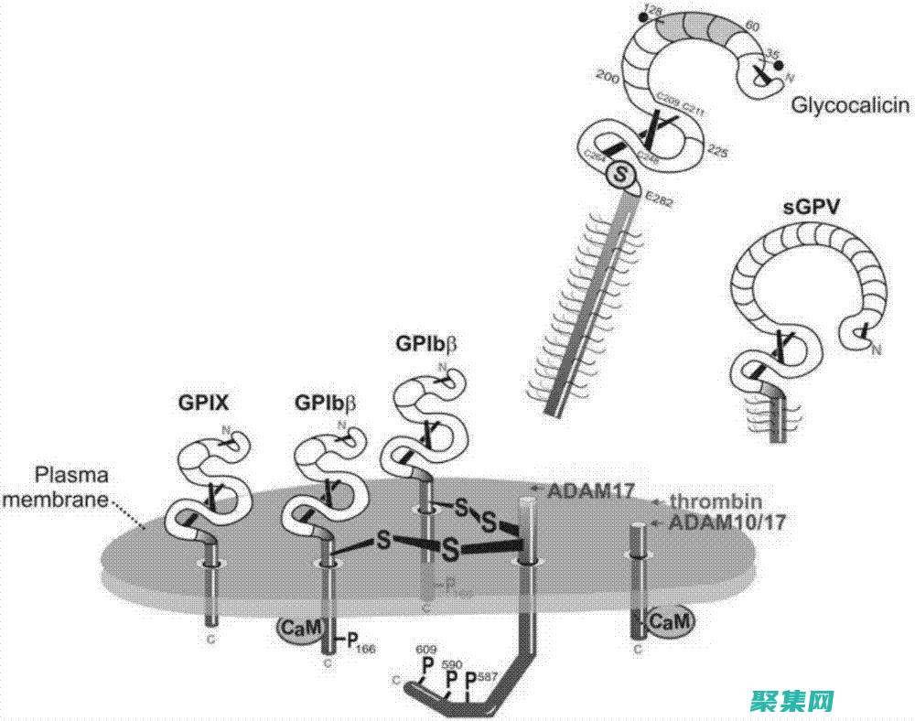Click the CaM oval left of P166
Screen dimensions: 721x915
299,630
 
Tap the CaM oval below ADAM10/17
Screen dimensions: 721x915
671,622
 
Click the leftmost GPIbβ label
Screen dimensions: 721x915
325,402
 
